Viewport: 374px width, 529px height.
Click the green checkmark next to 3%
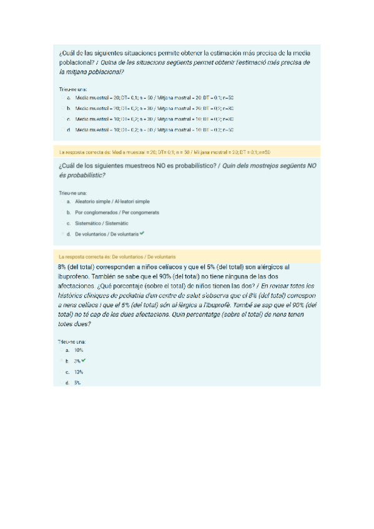(84, 361)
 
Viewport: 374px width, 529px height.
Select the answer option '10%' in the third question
(79, 351)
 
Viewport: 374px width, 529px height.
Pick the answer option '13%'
(79, 372)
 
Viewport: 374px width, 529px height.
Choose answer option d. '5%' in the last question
(77, 382)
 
